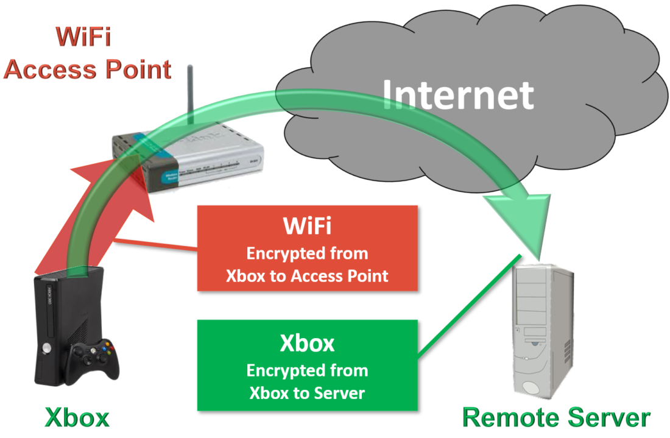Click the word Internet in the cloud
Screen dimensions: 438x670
tap(458, 94)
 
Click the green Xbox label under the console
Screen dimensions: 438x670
tap(77, 419)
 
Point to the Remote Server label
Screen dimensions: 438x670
tap(556, 419)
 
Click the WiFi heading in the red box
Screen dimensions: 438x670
tap(307, 227)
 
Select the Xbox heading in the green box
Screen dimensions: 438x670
tap(307, 344)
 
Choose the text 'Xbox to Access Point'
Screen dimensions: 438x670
tap(307, 275)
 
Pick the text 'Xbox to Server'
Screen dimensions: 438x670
tap(307, 393)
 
